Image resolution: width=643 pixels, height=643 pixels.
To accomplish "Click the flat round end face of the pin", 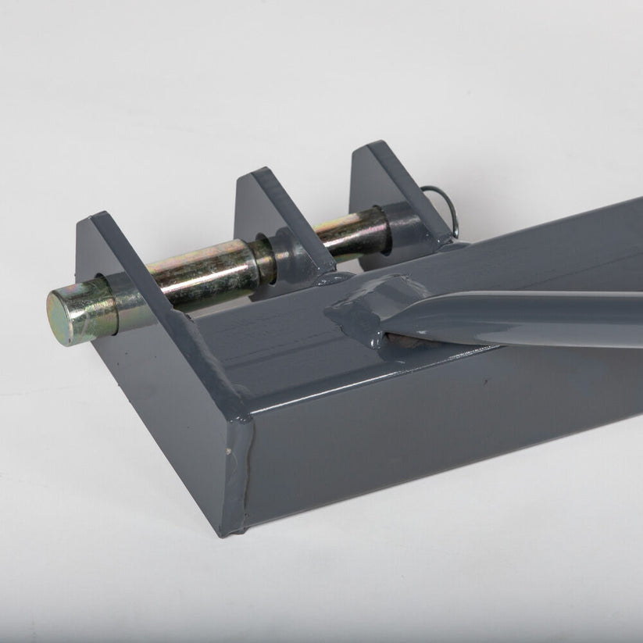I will (64, 316).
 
